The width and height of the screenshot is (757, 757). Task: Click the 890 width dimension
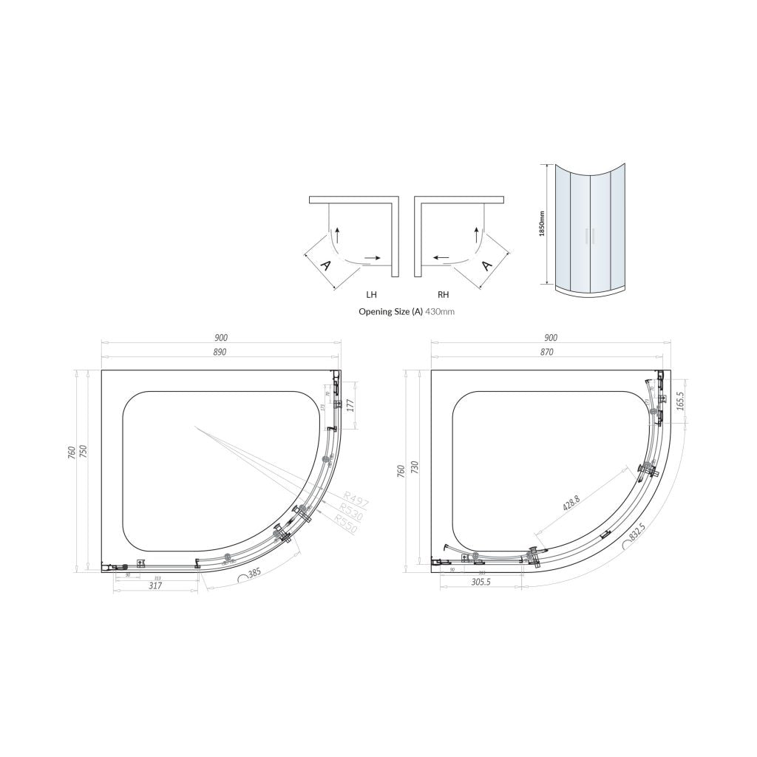(220, 352)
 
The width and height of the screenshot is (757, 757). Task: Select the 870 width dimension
(546, 352)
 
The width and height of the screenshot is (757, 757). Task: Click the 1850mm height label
(542, 223)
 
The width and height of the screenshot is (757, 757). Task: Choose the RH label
(444, 293)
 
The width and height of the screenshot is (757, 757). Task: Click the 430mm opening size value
(440, 312)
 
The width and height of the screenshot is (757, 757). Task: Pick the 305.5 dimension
(481, 582)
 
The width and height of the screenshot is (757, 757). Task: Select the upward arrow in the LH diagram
(337, 234)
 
